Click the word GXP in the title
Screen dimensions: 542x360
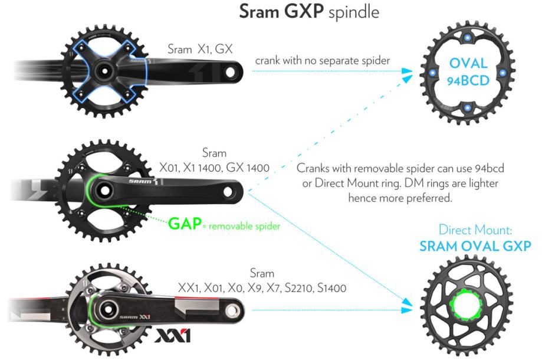click(304, 11)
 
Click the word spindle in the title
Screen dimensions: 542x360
click(354, 12)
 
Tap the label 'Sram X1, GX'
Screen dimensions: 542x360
click(200, 49)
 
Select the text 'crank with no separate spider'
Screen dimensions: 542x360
click(322, 61)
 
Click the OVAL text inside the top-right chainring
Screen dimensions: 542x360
click(468, 63)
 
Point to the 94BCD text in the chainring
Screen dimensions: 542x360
click(468, 81)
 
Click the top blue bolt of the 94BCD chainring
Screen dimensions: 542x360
click(467, 38)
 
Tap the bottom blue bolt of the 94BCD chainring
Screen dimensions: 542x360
click(467, 107)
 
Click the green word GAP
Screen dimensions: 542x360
click(185, 224)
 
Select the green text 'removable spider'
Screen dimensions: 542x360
click(244, 226)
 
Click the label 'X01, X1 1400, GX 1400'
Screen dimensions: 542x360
click(214, 168)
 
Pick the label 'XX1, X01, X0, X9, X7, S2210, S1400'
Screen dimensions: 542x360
click(262, 288)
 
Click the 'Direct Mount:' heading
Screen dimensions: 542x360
click(475, 230)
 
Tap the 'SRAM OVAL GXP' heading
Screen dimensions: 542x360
click(475, 246)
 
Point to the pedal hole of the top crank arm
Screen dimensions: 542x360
click(230, 72)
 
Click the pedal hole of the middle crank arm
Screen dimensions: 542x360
click(228, 191)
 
